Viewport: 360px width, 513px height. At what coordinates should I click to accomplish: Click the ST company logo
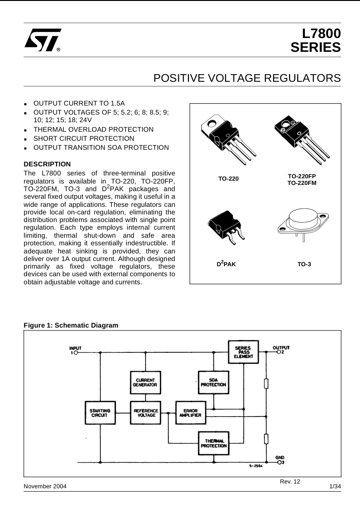point(43,40)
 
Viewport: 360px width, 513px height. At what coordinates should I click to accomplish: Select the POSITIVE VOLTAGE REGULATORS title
point(247,78)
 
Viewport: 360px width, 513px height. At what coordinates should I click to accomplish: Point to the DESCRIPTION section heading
point(47,164)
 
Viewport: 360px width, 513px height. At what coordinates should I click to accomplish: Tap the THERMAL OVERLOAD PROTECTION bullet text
point(93,129)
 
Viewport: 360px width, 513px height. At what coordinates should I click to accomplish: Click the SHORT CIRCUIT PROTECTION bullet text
point(84,138)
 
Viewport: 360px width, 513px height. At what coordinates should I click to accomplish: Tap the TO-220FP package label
point(302,176)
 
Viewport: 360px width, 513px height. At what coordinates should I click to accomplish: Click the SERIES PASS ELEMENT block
point(243,352)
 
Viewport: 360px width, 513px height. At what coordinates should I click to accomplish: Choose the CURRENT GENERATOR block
point(145,383)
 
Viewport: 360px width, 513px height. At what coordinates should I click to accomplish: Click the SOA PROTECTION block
point(214,382)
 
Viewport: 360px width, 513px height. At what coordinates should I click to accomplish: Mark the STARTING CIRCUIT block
point(100,413)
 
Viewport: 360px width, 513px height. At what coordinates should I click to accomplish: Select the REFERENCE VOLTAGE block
point(146,413)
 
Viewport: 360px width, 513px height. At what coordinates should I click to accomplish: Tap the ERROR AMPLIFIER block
point(190,413)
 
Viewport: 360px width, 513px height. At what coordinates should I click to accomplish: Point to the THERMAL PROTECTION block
point(214,443)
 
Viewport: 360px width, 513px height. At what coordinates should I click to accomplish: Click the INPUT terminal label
point(76,348)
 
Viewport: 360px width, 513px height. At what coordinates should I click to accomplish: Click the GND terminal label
point(280,457)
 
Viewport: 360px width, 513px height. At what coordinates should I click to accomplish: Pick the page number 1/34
point(335,486)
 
